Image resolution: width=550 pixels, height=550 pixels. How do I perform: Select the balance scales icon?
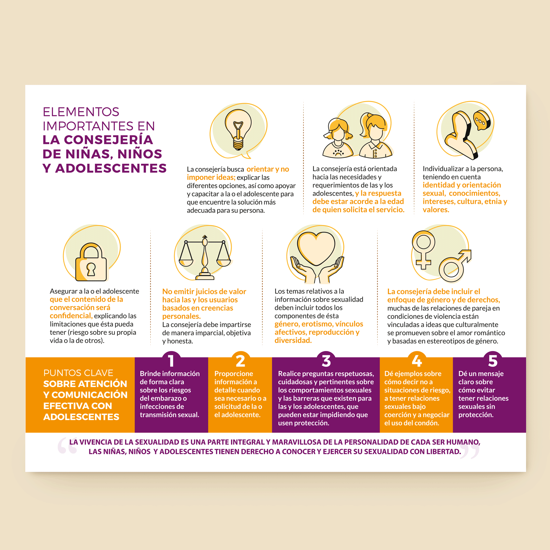pyautogui.click(x=205, y=257)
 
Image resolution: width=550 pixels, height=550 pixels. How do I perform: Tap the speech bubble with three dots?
pyautogui.click(x=482, y=120)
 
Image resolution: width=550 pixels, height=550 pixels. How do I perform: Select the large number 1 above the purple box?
pyautogui.click(x=171, y=361)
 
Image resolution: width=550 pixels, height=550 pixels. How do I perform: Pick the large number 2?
pyautogui.click(x=240, y=361)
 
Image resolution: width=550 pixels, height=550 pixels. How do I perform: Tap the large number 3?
pyautogui.click(x=326, y=361)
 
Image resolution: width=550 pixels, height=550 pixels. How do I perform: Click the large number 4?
pyautogui.click(x=417, y=361)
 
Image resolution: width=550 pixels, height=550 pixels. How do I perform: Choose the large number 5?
pyautogui.click(x=493, y=361)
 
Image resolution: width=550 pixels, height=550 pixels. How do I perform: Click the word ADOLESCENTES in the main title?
pyautogui.click(x=111, y=168)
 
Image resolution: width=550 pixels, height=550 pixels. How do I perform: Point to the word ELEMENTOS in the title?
pyautogui.click(x=81, y=112)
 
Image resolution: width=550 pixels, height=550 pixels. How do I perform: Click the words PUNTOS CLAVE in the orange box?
pyautogui.click(x=78, y=373)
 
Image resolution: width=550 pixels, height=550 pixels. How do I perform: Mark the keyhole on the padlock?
pyautogui.click(x=91, y=269)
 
